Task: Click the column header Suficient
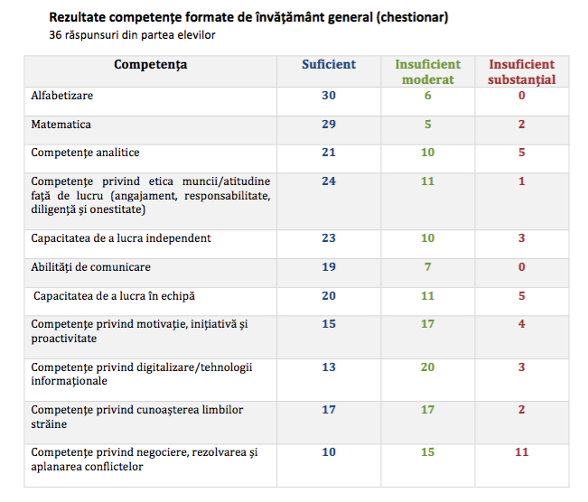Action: point(329,64)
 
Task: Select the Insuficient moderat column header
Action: point(427,71)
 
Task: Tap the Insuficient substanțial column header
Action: point(522,71)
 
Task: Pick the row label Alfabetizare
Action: point(62,96)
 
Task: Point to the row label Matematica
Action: point(61,124)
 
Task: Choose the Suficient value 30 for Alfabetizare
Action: point(329,96)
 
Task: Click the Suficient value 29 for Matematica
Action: point(329,124)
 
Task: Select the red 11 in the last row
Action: point(522,451)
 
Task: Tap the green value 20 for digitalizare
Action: point(427,367)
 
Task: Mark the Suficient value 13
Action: point(329,367)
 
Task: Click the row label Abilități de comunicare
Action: point(91,267)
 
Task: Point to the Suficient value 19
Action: point(329,267)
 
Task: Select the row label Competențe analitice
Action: point(86,153)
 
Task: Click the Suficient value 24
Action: point(329,181)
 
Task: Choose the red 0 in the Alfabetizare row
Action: point(522,96)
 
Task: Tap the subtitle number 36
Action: point(56,35)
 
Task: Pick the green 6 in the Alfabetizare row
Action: point(427,96)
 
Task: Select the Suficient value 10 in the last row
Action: point(329,451)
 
